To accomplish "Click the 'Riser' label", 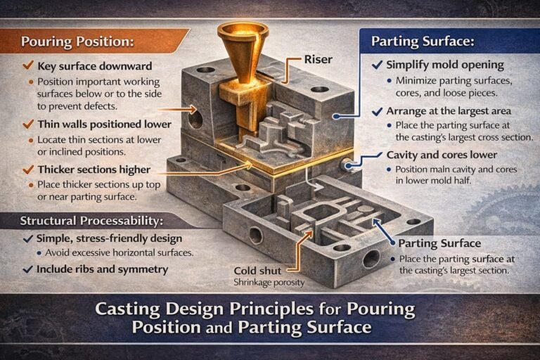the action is coord(319,60).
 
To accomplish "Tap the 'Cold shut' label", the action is coord(257,271).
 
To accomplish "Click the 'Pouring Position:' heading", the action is coord(77,41).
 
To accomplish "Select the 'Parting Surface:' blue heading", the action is coord(423,41).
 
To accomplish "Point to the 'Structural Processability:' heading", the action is coord(91,221).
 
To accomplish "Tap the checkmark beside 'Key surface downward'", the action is coord(28,65).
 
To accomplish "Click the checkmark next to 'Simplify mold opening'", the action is coord(378,65).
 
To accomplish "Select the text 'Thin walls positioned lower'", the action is coord(104,124).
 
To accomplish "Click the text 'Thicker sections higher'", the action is coord(94,169).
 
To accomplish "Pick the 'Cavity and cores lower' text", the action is coord(442,155).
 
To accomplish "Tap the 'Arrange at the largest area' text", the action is coord(449,111).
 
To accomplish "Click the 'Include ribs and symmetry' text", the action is coord(102,269).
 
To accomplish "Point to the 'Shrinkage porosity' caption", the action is coord(269,283).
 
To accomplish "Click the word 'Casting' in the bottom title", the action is coord(127,309).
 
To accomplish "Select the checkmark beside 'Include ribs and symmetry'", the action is coord(27,269).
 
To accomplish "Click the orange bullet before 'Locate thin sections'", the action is coord(31,140).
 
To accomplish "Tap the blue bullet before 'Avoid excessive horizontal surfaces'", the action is coord(39,253).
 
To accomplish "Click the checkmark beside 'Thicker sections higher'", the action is coord(28,169).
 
